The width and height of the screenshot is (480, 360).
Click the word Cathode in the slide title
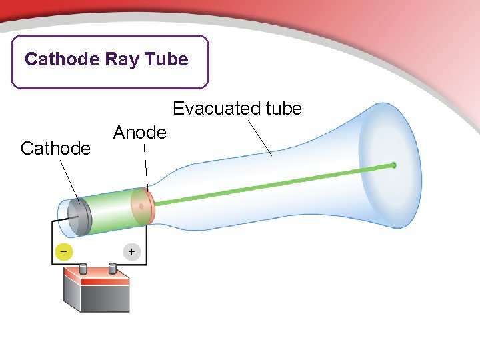62,59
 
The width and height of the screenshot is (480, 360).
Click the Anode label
139,133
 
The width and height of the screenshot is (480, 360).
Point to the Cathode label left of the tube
55,148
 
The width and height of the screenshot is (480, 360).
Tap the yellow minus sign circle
63,251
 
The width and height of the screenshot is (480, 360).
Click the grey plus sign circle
131,251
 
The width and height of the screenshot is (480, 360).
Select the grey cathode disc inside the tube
79,217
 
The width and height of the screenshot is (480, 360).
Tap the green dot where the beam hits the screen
393,165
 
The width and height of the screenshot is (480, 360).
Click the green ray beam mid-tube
267,185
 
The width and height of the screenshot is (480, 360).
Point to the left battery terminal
84,269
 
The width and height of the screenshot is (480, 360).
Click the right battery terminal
113,268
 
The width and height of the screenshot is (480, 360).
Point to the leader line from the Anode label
146,167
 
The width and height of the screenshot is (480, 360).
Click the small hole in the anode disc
141,207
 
